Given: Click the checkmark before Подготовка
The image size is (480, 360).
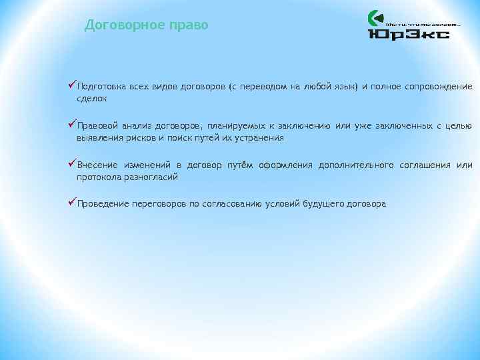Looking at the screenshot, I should pos(73,85).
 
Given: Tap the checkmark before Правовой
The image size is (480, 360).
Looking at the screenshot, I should pos(73,125).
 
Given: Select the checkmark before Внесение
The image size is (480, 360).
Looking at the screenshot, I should pos(73,164).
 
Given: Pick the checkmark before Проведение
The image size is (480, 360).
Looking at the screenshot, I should pos(73,203).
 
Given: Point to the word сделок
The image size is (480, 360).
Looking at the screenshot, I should pos(91,99).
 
